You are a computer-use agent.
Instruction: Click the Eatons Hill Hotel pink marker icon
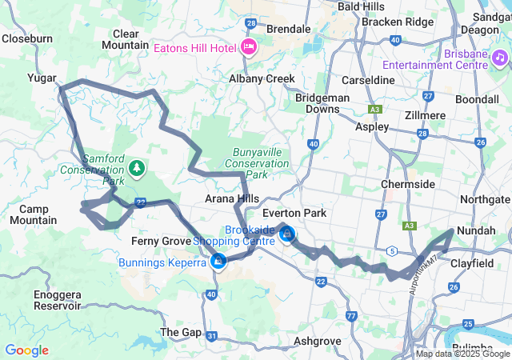pos(248,46)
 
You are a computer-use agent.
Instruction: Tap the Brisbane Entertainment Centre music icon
pos(500,57)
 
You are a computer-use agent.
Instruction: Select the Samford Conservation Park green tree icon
pos(138,168)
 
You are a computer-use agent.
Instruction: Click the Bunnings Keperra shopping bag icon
pos(218,259)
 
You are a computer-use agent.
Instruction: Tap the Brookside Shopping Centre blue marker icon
pos(287,234)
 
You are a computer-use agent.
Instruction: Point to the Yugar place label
pos(41,79)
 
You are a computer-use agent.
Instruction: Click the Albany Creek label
pos(262,79)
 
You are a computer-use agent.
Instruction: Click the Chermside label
pos(408,184)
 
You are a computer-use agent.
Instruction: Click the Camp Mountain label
pos(33,214)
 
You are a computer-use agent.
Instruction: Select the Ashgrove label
pos(318,341)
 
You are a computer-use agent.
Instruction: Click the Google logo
pos(26,350)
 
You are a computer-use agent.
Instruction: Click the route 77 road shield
pos(351,294)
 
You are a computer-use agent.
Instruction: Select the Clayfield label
pos(479,261)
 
